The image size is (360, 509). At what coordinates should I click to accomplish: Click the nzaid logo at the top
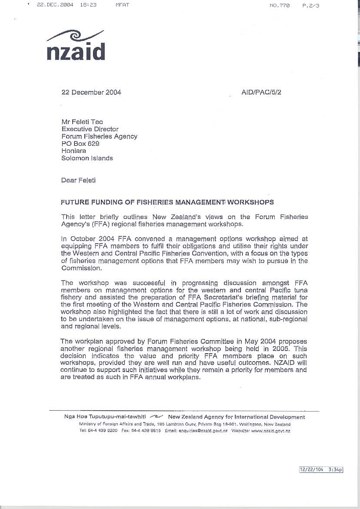(x=76, y=46)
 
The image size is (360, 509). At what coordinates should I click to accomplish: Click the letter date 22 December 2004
(x=91, y=92)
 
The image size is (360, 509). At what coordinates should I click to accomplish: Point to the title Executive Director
(x=90, y=129)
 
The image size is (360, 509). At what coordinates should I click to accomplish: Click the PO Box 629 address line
(x=80, y=144)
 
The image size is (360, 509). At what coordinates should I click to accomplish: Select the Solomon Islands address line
(x=87, y=158)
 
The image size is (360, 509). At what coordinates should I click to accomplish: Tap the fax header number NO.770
(x=280, y=6)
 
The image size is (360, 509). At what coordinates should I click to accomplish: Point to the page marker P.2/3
(x=310, y=6)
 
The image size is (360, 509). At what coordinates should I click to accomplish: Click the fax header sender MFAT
(x=122, y=5)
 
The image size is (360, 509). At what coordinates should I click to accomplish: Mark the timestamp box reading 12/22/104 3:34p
(x=321, y=470)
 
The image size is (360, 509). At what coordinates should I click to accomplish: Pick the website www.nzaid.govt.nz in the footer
(x=270, y=431)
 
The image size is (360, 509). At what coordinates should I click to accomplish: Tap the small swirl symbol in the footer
(x=157, y=417)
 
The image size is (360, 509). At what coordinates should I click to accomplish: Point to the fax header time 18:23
(x=88, y=5)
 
